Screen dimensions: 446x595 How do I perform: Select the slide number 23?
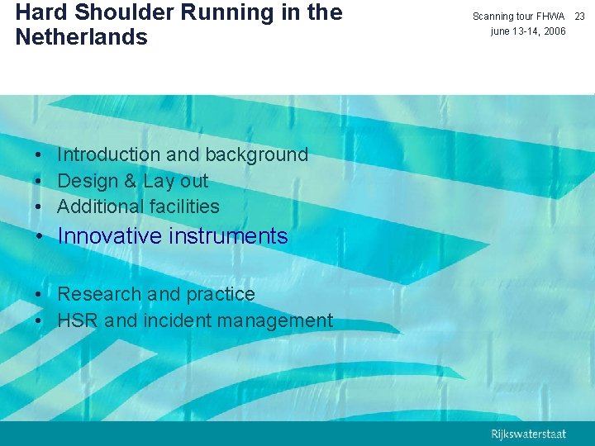(x=579, y=17)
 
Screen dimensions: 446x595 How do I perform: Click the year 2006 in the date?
(x=554, y=31)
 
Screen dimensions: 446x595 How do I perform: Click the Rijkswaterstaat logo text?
(x=528, y=433)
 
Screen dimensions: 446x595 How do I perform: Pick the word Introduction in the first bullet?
(x=109, y=154)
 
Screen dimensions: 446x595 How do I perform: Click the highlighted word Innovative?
(x=110, y=236)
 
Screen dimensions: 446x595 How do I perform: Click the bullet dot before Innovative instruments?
(x=40, y=237)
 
